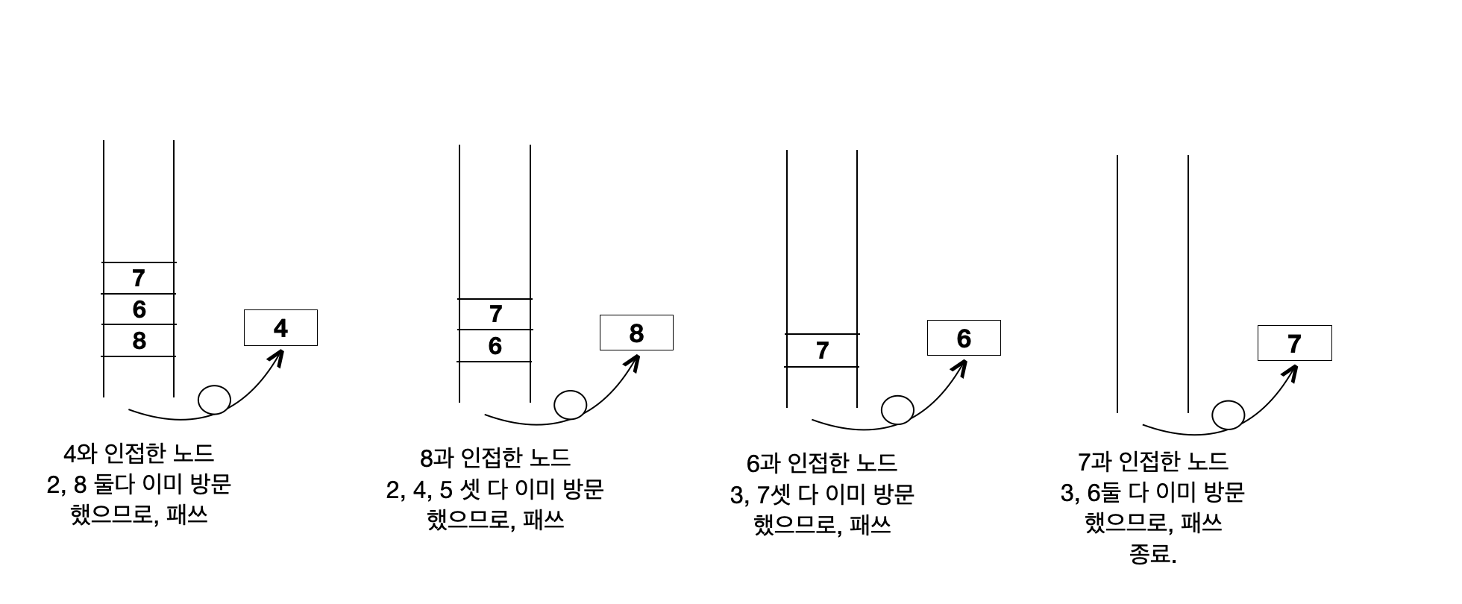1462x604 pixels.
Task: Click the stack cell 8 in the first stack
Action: point(139,341)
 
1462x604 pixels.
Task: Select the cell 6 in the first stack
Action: point(139,309)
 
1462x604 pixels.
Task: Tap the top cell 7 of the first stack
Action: point(139,278)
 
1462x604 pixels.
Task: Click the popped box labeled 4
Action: point(280,328)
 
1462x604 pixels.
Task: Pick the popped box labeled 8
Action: point(636,333)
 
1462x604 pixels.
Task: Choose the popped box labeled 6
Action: point(964,338)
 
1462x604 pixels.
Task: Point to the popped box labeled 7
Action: point(1294,343)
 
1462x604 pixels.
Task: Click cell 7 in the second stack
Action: point(495,314)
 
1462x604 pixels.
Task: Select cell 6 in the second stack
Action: point(495,346)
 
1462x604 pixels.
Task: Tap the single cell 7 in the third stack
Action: point(822,350)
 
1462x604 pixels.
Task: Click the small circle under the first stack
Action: point(214,400)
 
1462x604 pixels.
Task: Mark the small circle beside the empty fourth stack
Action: point(1228,415)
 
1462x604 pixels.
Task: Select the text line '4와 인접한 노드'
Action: point(139,453)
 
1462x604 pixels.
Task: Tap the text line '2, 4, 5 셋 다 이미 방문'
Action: point(495,489)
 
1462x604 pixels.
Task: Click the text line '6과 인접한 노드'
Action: point(821,463)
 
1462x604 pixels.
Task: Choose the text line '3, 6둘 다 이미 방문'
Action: point(1152,492)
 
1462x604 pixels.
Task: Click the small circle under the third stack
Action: point(897,409)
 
